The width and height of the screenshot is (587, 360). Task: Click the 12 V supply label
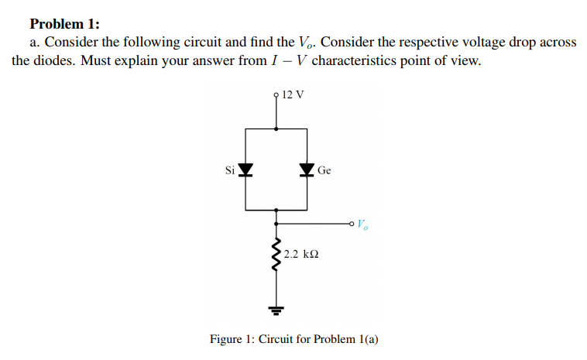293,95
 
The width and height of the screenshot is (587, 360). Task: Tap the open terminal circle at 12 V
277,96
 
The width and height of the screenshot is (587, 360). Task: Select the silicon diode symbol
245,170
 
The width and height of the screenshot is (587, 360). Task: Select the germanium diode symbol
307,170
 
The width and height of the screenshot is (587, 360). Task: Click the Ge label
324,170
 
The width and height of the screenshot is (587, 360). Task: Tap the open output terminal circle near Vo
352,225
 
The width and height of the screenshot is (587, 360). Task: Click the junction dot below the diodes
277,210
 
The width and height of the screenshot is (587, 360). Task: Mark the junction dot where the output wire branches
277,225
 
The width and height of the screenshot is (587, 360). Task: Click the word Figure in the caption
229,339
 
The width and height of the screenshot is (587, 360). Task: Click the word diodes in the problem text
49,60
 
